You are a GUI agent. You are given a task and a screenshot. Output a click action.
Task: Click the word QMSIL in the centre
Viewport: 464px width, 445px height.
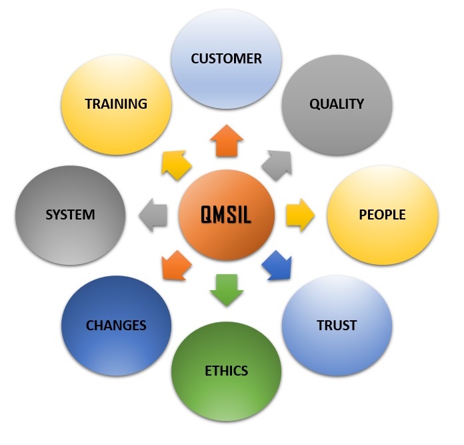point(227,215)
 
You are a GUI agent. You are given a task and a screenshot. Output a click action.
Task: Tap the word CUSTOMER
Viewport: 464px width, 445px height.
point(226,59)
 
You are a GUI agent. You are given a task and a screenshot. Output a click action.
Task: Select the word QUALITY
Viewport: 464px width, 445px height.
point(337,103)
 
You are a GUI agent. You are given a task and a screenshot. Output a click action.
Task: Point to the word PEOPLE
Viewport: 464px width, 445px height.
point(382,215)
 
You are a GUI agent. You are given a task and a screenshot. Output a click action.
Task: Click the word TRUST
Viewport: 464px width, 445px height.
point(337,326)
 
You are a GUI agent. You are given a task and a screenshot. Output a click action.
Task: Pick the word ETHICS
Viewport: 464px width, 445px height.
point(227,370)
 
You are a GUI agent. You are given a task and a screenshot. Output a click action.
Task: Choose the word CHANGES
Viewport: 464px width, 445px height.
point(116,326)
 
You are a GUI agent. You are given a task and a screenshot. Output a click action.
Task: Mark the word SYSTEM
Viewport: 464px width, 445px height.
point(70,215)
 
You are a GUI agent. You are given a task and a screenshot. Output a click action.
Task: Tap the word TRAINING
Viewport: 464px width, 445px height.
point(116,103)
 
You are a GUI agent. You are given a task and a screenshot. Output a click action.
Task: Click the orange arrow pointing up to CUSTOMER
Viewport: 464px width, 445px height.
point(227,141)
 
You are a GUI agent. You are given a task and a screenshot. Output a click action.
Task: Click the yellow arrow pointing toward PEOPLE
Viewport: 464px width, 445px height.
point(299,215)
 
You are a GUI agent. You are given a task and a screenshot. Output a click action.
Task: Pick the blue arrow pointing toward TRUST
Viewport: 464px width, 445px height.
point(278,266)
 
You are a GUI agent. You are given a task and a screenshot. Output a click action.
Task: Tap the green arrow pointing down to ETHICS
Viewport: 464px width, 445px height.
point(227,288)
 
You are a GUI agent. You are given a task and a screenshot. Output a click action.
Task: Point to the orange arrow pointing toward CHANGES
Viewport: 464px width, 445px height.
point(175,266)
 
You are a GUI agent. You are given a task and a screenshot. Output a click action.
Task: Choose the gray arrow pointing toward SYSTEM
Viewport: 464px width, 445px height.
point(153,215)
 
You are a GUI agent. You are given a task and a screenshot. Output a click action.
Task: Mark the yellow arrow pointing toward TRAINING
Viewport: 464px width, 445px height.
point(175,163)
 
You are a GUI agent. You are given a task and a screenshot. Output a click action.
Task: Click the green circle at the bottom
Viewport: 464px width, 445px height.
point(227,394)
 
